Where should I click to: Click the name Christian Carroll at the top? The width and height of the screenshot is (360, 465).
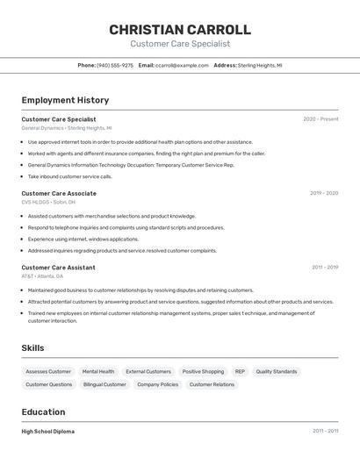pyautogui.click(x=180, y=30)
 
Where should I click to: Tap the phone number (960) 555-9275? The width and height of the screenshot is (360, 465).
pyautogui.click(x=115, y=65)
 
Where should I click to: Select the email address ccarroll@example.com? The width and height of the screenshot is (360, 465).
pyautogui.click(x=176, y=65)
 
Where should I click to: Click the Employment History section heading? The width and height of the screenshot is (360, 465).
pyautogui.click(x=65, y=100)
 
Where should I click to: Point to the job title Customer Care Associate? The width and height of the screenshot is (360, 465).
pyautogui.click(x=59, y=193)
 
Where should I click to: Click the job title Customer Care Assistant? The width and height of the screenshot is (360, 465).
pyautogui.click(x=58, y=267)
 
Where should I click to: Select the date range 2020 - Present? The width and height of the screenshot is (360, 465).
pyautogui.click(x=320, y=119)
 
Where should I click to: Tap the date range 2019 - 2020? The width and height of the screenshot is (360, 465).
pyautogui.click(x=323, y=193)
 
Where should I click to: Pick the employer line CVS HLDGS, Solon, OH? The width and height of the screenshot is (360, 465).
pyautogui.click(x=48, y=202)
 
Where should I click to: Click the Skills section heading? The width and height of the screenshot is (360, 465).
pyautogui.click(x=32, y=348)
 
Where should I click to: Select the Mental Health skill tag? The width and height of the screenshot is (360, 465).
pyautogui.click(x=98, y=371)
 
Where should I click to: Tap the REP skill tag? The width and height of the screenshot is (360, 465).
pyautogui.click(x=240, y=371)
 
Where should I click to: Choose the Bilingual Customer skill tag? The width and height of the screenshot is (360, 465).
pyautogui.click(x=104, y=384)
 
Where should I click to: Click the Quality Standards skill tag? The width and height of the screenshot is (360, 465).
pyautogui.click(x=277, y=371)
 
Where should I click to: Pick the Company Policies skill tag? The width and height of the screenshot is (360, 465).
pyautogui.click(x=158, y=384)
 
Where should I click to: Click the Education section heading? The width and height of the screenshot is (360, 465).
pyautogui.click(x=43, y=412)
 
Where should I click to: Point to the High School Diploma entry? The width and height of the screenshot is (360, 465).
pyautogui.click(x=47, y=432)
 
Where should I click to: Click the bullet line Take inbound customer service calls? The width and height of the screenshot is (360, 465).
pyautogui.click(x=69, y=176)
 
